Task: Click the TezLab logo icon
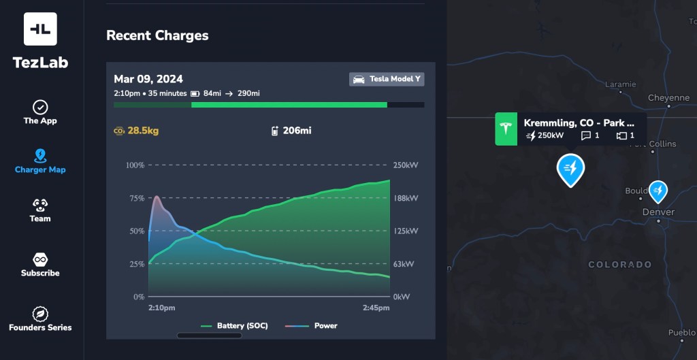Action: point(40,29)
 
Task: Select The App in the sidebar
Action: point(40,112)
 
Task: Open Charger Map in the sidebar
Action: point(40,161)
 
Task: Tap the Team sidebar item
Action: point(40,210)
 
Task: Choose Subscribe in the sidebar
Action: point(40,265)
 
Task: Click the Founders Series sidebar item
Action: point(40,319)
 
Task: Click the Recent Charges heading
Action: point(157,35)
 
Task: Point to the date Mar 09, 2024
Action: point(148,79)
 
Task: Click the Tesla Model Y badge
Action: point(387,79)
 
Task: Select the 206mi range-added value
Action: point(296,131)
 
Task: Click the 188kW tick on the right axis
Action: point(406,198)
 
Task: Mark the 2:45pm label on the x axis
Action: point(376,308)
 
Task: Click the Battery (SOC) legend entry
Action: point(235,326)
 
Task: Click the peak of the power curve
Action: point(157,197)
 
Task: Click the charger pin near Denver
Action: point(658,191)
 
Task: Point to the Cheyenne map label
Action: point(668,98)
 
